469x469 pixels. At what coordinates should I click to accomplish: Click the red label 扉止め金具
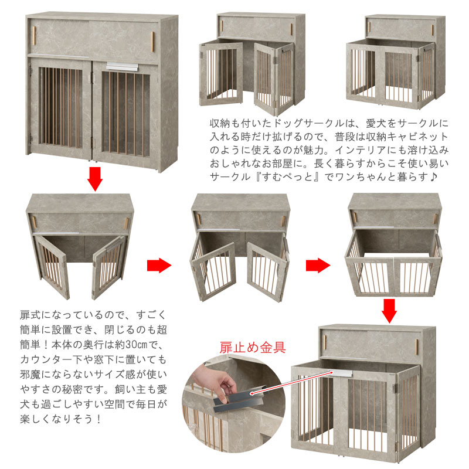click(x=253, y=347)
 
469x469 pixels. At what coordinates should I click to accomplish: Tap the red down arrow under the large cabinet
click(x=95, y=179)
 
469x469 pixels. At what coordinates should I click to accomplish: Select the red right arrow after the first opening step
click(x=159, y=265)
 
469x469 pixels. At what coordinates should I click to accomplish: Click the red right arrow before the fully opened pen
click(x=318, y=265)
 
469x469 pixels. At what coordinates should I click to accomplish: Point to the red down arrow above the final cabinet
click(x=389, y=311)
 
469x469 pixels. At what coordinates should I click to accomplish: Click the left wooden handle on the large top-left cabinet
click(x=35, y=36)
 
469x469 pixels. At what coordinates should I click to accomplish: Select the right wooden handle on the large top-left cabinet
click(x=153, y=42)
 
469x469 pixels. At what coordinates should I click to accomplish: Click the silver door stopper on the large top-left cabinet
click(x=123, y=67)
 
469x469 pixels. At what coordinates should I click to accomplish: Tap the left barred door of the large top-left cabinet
click(x=60, y=108)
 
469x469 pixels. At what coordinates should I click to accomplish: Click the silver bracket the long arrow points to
click(x=343, y=373)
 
